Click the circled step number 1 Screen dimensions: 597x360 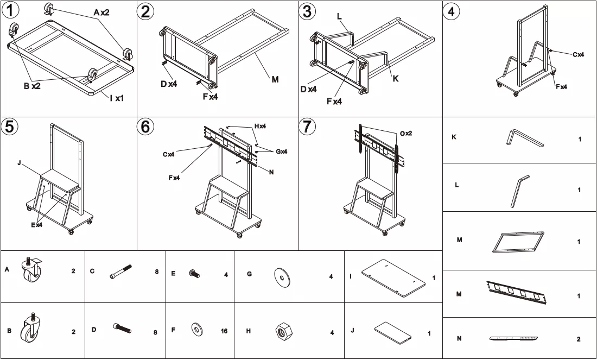pos(10,10)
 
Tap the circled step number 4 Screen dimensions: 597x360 pos(451,11)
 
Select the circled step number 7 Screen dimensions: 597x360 pos(307,127)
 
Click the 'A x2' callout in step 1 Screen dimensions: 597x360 pos(101,12)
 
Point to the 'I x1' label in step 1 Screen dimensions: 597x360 pos(117,98)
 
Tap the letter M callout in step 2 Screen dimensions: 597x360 pos(275,79)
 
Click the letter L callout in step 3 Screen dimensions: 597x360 pos(339,16)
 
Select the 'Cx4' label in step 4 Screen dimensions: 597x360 pos(579,54)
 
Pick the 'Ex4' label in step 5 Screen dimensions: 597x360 pos(37,225)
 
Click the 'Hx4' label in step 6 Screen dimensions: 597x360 pos(261,126)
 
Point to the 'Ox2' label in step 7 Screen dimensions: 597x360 pos(406,134)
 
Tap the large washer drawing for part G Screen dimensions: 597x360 pos(282,277)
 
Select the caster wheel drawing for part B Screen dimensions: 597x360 pos(31,327)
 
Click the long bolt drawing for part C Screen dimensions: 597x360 pos(120,271)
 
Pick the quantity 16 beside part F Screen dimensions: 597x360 pos(224,331)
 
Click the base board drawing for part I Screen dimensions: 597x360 pos(393,278)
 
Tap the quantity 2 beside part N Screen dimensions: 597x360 pos(579,339)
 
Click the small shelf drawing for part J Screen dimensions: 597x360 pos(393,332)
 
